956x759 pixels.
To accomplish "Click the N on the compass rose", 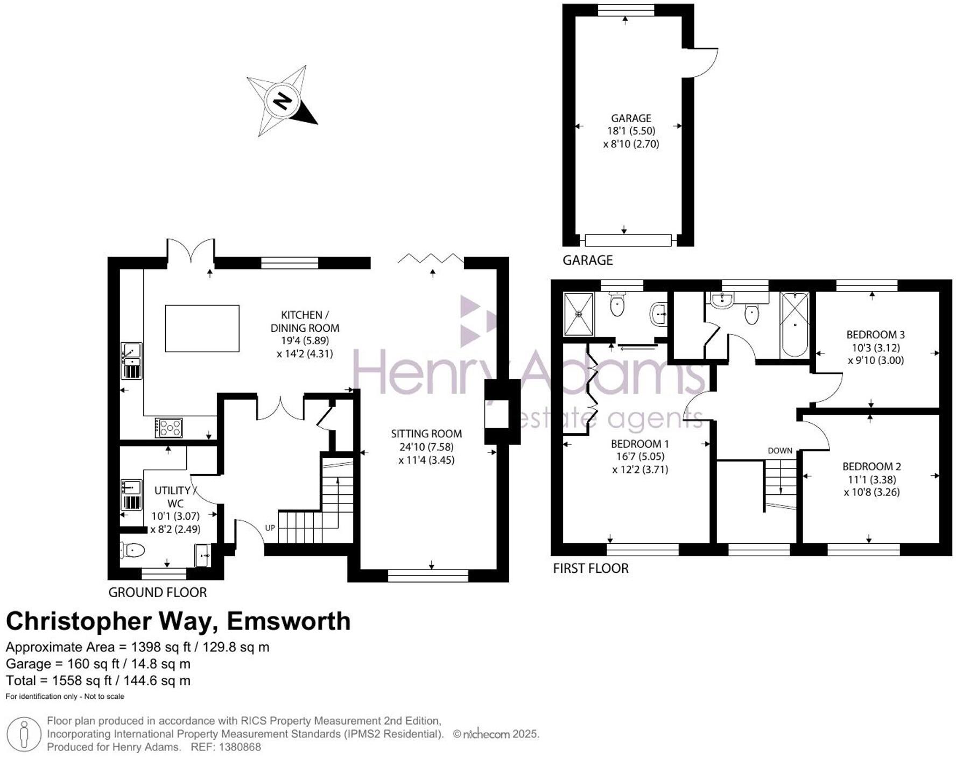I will (x=282, y=101).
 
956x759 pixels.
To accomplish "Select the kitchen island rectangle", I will (x=202, y=328).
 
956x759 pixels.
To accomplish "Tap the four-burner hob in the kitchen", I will (x=169, y=428).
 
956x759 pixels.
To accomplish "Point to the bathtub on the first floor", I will (x=795, y=324).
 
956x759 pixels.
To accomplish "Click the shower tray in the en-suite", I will (x=579, y=314).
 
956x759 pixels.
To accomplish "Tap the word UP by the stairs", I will (x=270, y=528).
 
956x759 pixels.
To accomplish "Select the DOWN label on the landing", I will (x=780, y=450).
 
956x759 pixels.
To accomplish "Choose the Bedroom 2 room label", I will (x=871, y=466).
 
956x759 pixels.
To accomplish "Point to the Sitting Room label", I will (x=426, y=434).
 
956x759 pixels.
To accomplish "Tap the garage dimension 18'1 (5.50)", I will (x=631, y=131).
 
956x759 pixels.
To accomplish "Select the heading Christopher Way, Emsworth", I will (x=178, y=621).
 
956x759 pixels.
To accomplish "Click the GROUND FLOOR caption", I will (x=157, y=592).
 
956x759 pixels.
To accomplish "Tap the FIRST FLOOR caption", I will (x=591, y=568).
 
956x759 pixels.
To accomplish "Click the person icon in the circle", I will (x=23, y=735).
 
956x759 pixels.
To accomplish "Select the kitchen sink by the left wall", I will (x=131, y=360).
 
